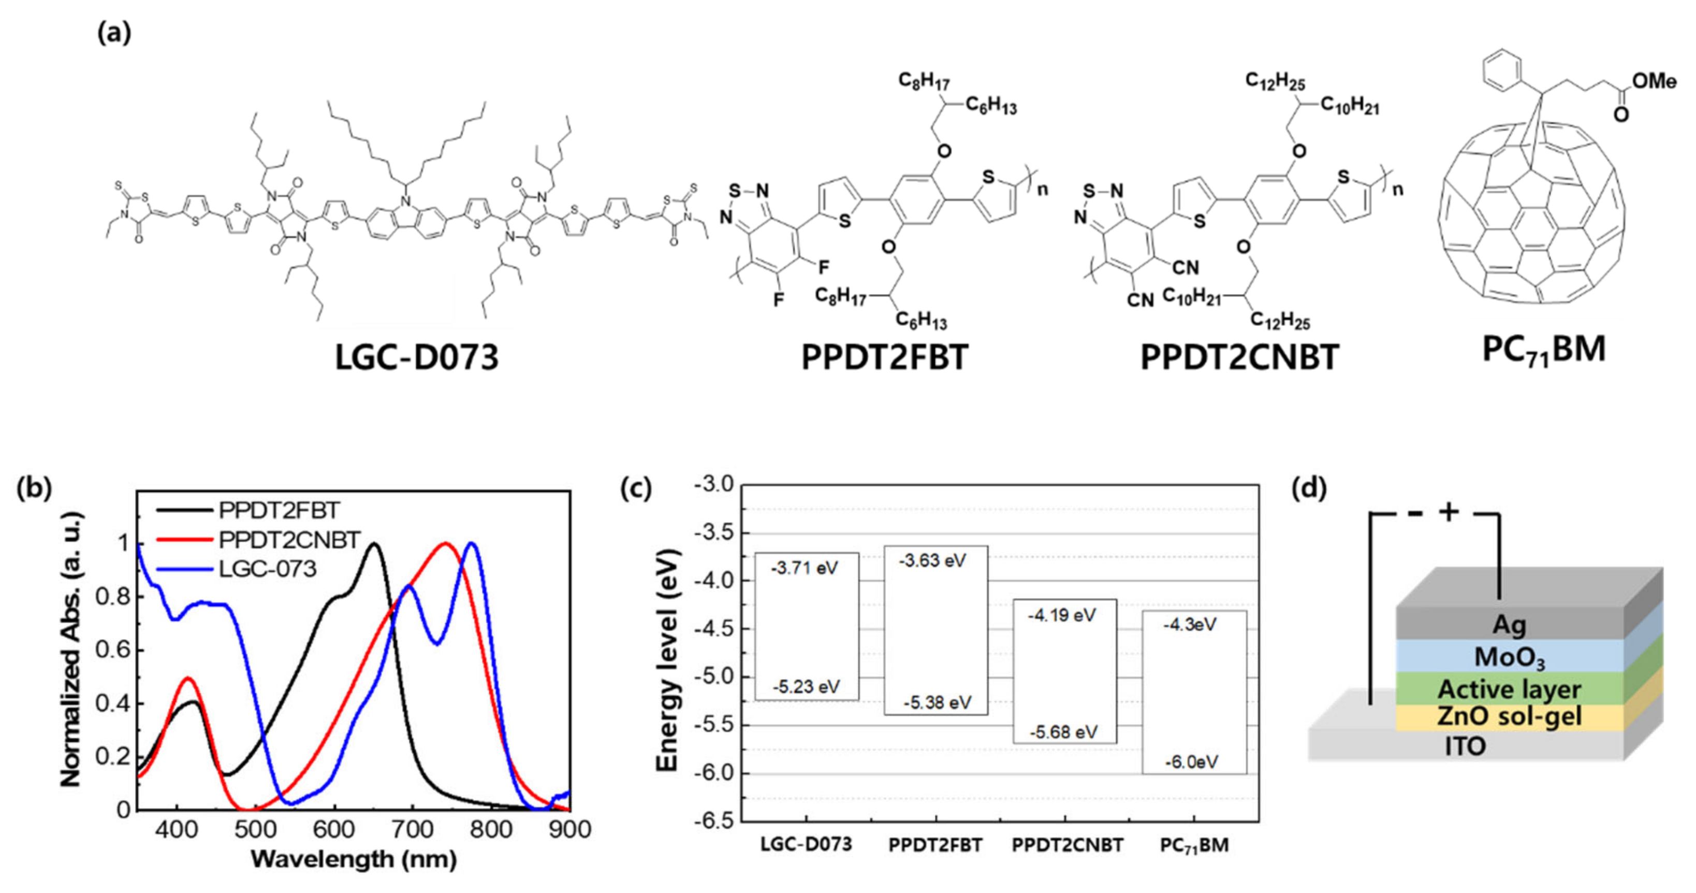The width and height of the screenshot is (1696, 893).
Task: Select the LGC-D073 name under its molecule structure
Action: [x=417, y=357]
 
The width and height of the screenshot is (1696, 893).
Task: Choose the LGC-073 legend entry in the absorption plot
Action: [x=267, y=568]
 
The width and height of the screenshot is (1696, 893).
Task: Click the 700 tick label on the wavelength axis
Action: [x=412, y=829]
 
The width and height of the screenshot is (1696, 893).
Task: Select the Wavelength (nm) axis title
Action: [x=354, y=859]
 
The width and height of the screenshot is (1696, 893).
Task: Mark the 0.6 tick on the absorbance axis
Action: [x=113, y=651]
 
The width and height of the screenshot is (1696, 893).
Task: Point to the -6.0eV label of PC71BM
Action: [x=1191, y=762]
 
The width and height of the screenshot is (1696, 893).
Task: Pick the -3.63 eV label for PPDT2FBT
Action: [x=933, y=560]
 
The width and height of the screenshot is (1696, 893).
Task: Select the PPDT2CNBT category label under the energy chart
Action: [x=1067, y=845]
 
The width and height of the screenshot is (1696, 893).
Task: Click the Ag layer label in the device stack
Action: [x=1509, y=624]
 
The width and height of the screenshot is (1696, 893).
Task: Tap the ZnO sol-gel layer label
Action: [x=1509, y=716]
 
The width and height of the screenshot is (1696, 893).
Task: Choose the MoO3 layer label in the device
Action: [x=1509, y=657]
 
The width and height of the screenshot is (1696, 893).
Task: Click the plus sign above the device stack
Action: [x=1449, y=512]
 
